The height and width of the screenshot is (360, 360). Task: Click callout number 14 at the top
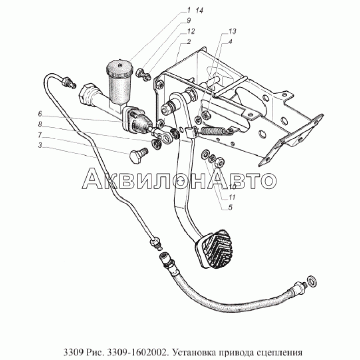199,10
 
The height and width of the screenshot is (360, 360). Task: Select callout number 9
189,20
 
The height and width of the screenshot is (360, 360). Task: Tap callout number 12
190,31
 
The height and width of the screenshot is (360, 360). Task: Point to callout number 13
232,31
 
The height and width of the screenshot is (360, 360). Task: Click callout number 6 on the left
40,114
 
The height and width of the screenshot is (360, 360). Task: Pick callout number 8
40,125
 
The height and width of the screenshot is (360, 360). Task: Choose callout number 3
40,145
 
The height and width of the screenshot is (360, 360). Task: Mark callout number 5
230,207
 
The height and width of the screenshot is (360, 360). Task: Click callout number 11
232,197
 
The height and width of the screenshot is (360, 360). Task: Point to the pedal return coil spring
211,131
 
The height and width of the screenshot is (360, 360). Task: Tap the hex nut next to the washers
220,162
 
